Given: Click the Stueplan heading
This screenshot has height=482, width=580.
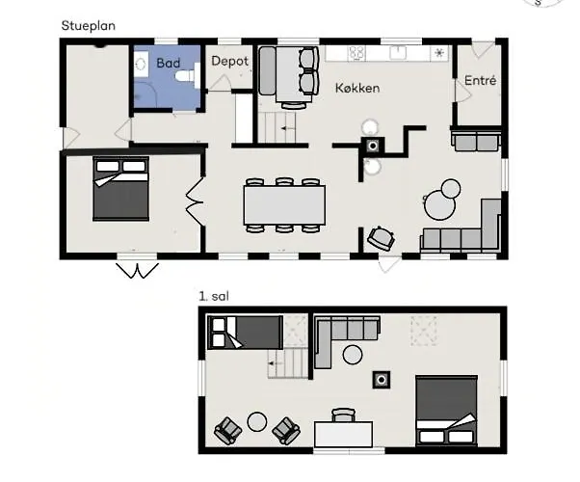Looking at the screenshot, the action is tap(88, 26).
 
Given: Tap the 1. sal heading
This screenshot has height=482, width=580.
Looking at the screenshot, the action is tap(214, 296).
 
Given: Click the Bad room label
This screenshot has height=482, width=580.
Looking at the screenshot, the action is tap(169, 63).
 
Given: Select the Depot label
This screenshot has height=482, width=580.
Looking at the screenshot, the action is tap(229, 61).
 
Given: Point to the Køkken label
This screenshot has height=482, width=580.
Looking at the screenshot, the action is tap(357, 88).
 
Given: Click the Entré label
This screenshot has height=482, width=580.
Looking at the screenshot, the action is tap(480, 80).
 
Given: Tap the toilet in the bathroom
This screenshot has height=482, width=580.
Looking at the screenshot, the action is tap(187, 76).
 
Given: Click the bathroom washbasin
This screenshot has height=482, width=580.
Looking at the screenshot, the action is tap(141, 65).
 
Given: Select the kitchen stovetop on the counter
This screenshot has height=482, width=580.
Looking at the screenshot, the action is tap(356, 53).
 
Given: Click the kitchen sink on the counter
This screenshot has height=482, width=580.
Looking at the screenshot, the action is tap(398, 52).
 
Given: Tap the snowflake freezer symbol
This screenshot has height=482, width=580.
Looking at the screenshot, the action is tap(439, 53).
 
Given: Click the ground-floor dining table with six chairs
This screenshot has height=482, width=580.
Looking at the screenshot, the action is tap(284, 205).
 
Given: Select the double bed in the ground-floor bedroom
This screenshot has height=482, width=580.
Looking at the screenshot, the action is tap(121, 189).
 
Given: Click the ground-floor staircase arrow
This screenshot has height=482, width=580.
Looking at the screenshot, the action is tap(288, 128).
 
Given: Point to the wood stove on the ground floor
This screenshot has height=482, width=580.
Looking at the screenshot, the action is tap(373, 146).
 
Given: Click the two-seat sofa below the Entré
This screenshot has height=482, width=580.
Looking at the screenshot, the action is tap(476, 141).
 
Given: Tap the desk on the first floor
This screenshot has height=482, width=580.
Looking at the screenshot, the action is tap(343, 434).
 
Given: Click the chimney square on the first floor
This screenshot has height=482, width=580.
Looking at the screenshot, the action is tap(382, 380).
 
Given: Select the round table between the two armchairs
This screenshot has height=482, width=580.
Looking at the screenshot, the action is tap(257, 421).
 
